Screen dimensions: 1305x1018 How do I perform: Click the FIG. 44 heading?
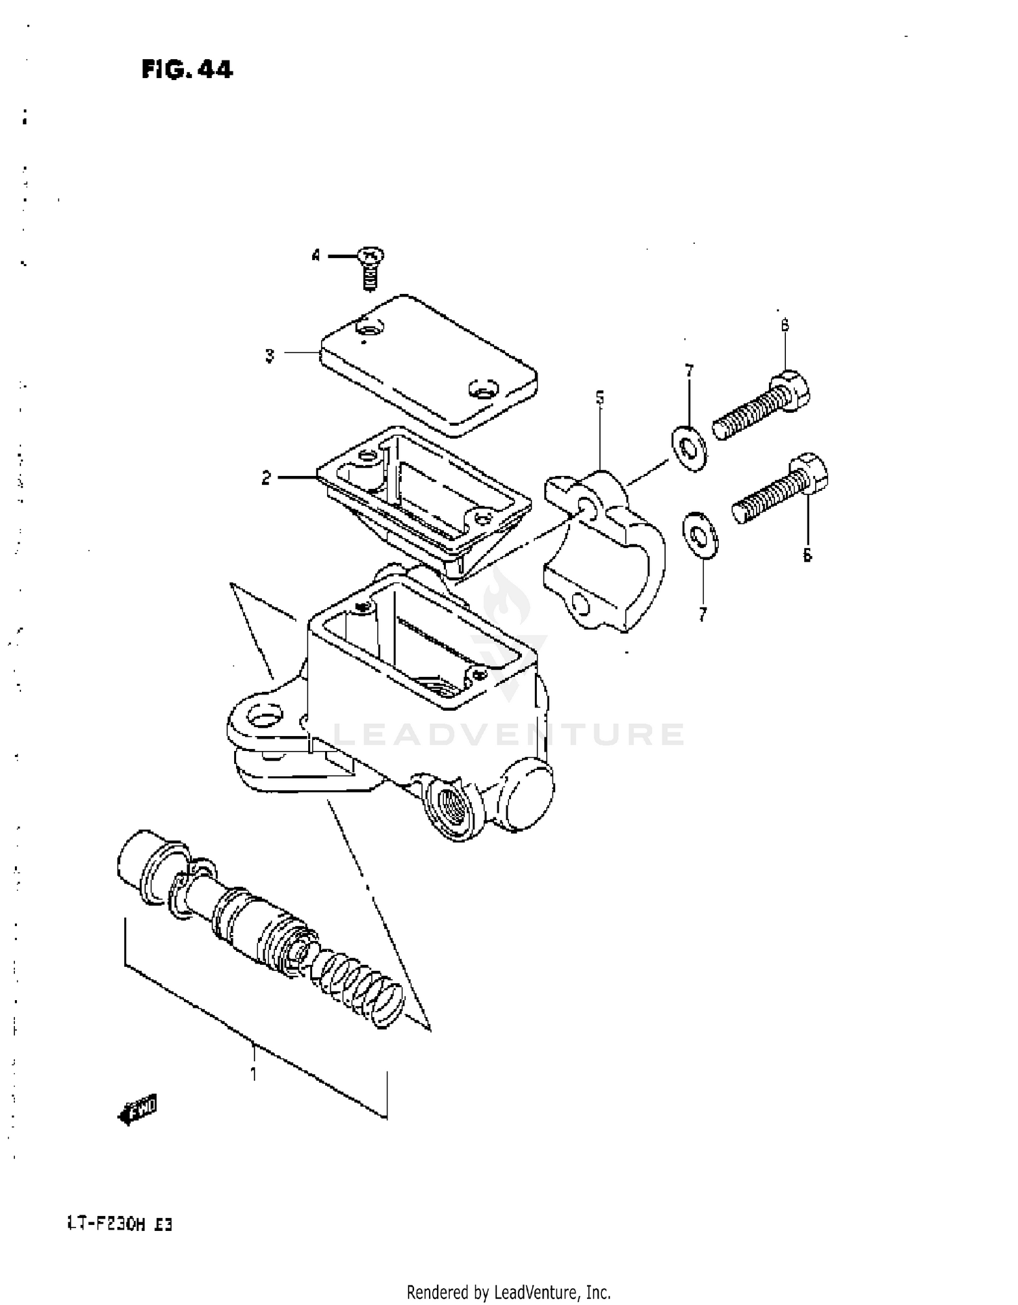187,70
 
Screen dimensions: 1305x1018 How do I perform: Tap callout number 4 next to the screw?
316,257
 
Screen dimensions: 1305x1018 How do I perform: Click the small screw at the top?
370,268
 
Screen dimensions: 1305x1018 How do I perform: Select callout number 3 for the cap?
269,355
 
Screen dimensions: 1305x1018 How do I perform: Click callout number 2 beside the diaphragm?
266,478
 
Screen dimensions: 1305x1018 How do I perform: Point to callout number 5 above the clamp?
600,398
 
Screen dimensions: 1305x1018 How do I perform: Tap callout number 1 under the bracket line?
253,1074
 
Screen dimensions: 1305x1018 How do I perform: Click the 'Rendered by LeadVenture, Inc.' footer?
508,1291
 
